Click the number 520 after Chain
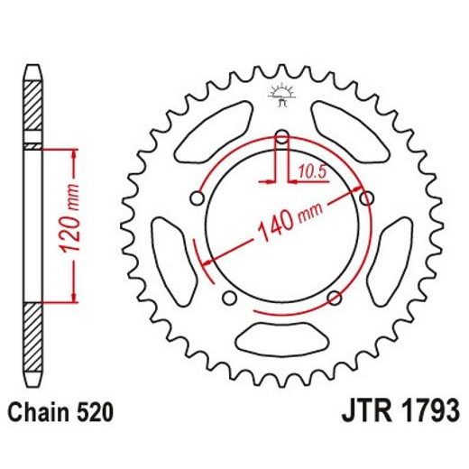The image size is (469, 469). pos(95,414)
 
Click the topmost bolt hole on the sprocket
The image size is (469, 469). pos(282,138)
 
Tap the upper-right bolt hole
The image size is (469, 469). pos(366,198)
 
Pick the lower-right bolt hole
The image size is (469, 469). pos(335,297)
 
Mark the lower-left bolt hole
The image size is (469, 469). pos(229,297)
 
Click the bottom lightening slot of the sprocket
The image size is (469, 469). pos(281,341)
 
